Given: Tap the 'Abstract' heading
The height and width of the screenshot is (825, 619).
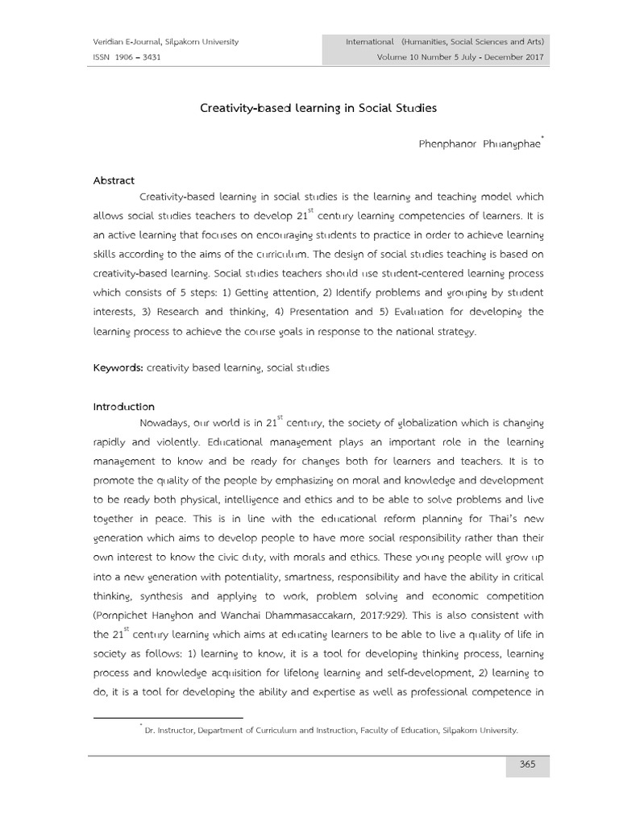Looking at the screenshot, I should (114, 180).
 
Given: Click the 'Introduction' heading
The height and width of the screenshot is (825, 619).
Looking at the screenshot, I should (124, 407).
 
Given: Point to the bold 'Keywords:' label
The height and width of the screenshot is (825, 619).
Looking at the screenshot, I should (118, 367).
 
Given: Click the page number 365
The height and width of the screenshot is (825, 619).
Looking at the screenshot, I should (527, 765).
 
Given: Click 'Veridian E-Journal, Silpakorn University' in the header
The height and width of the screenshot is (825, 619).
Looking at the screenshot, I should (166, 41).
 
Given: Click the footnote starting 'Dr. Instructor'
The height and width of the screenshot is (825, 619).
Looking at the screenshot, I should (330, 731).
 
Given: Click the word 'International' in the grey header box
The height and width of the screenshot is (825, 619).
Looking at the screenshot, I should (369, 41).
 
